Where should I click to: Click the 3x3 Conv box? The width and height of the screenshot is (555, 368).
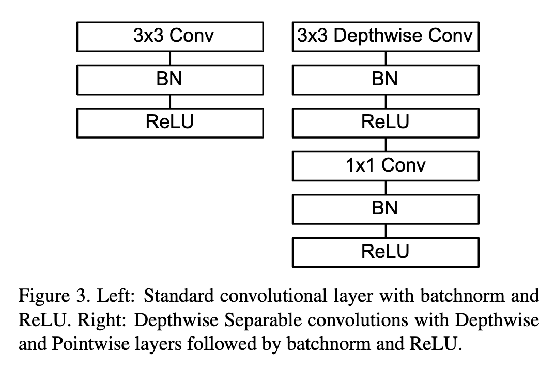pyautogui.click(x=170, y=37)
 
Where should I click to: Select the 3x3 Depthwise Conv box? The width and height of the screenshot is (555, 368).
pyautogui.click(x=386, y=37)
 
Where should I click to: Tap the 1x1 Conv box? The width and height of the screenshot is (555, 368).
pyautogui.click(x=386, y=166)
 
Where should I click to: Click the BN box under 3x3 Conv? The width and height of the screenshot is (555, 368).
pyautogui.click(x=170, y=80)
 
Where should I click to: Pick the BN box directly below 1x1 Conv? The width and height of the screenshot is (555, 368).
pyautogui.click(x=386, y=209)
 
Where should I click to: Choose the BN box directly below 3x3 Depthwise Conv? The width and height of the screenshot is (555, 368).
pyautogui.click(x=386, y=80)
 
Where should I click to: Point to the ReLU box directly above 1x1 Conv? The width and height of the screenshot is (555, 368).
pyautogui.click(x=386, y=123)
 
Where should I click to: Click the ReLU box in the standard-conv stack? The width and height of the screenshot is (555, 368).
pyautogui.click(x=170, y=123)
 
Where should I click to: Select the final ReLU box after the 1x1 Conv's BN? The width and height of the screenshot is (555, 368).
pyautogui.click(x=386, y=252)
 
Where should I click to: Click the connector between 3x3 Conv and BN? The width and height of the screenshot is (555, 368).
pyautogui.click(x=170, y=58)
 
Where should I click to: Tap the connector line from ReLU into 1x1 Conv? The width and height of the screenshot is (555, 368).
pyautogui.click(x=386, y=145)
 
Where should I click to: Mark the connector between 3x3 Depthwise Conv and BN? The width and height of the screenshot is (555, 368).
pyautogui.click(x=386, y=58)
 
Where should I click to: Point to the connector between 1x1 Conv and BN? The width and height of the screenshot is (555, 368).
pyautogui.click(x=386, y=188)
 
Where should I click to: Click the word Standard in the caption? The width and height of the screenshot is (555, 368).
pyautogui.click(x=179, y=296)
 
